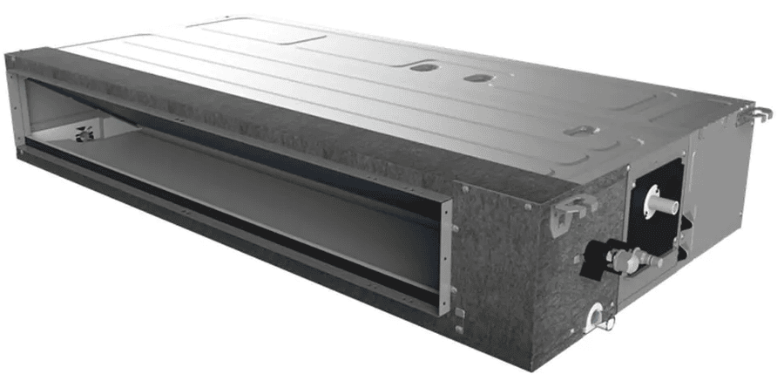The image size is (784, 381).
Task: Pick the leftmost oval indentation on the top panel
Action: [423, 66]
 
